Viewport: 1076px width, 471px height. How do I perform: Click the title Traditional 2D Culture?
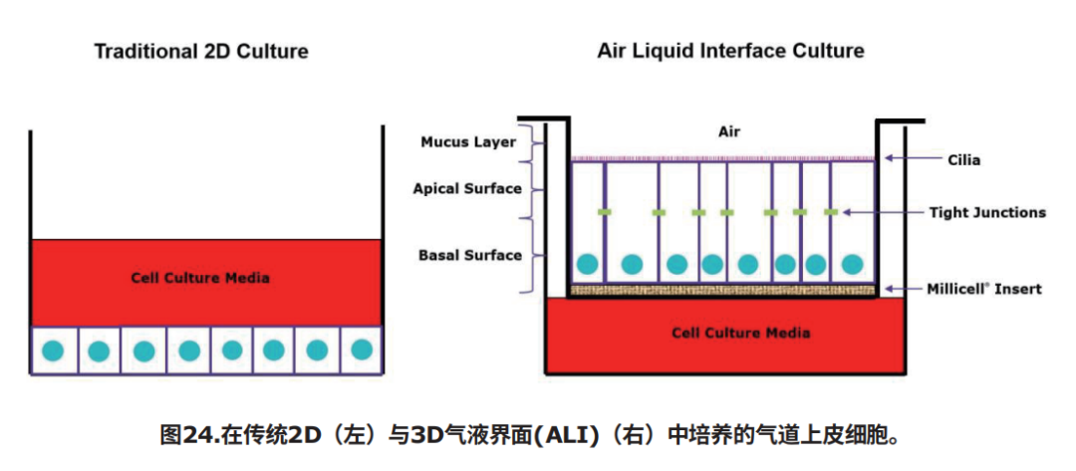coord(201,52)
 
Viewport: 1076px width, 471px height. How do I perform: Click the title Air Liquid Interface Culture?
coord(730,52)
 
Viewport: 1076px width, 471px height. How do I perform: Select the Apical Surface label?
coord(467,188)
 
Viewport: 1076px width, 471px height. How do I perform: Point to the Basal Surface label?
coord(470,256)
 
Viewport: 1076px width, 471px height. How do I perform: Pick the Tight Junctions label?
coord(987,212)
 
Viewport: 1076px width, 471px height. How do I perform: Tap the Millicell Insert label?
coord(984,289)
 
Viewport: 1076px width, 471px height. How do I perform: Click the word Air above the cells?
coord(729,132)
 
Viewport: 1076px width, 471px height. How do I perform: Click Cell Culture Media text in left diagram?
coord(200,278)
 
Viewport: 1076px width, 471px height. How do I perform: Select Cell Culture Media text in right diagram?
coord(740,334)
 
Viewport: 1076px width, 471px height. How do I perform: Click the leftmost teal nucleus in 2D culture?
coord(52,352)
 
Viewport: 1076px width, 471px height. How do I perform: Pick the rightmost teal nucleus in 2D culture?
coord(361,350)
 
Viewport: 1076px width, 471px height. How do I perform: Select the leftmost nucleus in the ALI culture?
coord(588,263)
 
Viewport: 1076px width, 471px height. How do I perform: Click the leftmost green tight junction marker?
coord(605,212)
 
